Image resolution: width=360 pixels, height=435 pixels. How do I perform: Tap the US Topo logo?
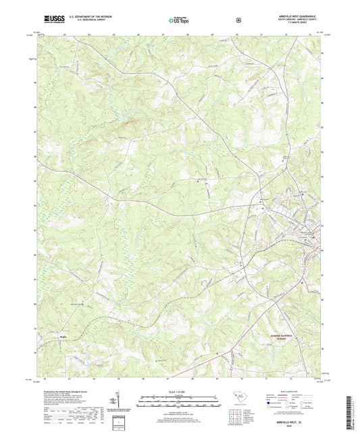tap(180, 21)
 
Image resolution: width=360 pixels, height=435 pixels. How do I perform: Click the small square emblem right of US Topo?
tap(238, 20)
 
